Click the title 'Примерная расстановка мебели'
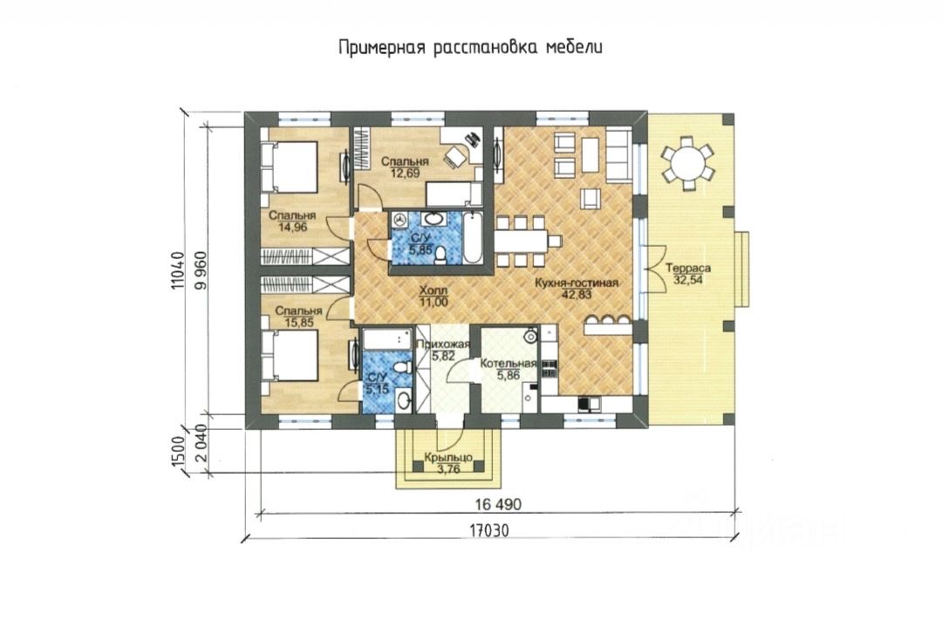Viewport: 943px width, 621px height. [x=470, y=47]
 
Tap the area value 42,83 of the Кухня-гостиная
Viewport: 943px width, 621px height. [x=577, y=295]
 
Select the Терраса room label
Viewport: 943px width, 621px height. [x=688, y=269]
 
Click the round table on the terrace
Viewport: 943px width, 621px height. [x=688, y=161]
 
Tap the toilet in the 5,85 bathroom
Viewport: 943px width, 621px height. [x=441, y=255]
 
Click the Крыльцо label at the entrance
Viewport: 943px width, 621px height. [x=448, y=458]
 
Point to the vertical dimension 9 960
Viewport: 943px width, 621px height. [x=202, y=270]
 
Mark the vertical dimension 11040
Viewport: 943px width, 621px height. [x=177, y=270]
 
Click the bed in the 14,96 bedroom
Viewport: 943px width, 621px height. [x=290, y=167]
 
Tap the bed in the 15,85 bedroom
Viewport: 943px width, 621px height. [x=290, y=356]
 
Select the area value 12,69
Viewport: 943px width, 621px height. [x=405, y=174]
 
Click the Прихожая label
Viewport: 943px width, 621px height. [x=442, y=345]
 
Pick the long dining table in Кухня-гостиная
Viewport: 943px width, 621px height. [x=522, y=241]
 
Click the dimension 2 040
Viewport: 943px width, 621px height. [x=202, y=443]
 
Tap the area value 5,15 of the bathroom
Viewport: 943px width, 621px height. [x=377, y=389]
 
